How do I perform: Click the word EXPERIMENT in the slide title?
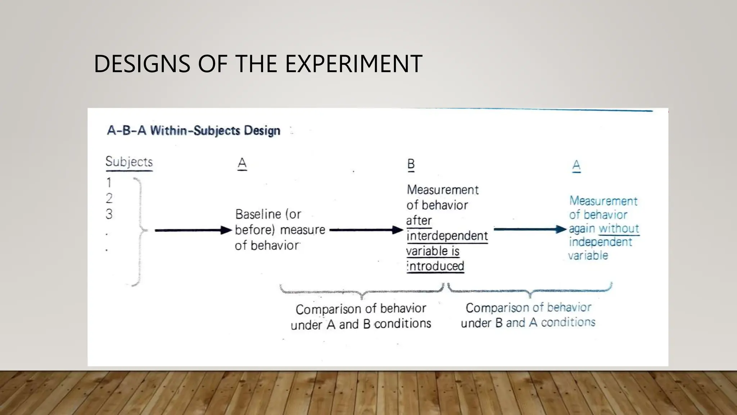click(353, 64)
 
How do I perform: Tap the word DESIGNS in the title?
click(142, 64)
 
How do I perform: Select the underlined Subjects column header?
click(129, 162)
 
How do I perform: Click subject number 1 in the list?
click(109, 183)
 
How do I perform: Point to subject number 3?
click(109, 214)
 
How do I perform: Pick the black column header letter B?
click(411, 164)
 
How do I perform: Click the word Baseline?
click(258, 214)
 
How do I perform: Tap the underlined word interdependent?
click(447, 236)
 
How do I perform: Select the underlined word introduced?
click(436, 266)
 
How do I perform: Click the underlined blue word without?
click(619, 228)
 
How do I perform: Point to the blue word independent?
click(600, 242)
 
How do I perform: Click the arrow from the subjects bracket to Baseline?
click(193, 230)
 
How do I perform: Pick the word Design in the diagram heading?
click(262, 130)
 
